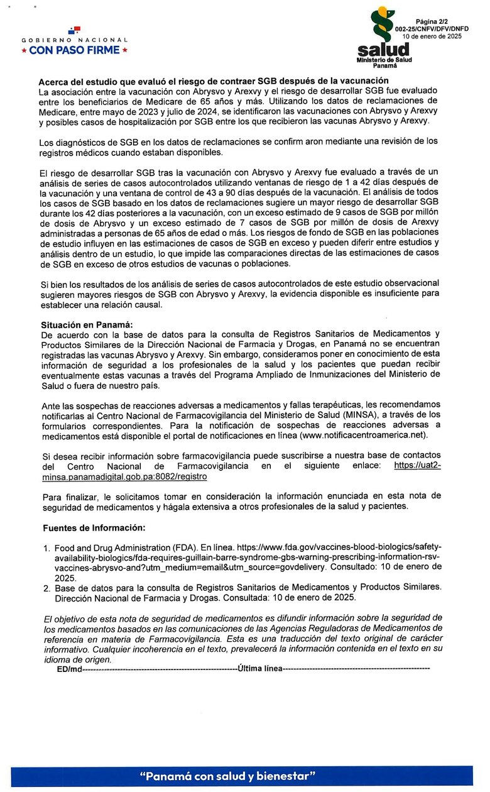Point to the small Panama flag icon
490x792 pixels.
coord(75,30)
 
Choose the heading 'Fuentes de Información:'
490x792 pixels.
coord(94,527)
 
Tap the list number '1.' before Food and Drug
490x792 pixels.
coord(47,548)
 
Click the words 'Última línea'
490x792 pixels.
coord(260,668)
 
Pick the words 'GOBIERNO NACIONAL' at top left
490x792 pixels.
coord(75,40)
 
